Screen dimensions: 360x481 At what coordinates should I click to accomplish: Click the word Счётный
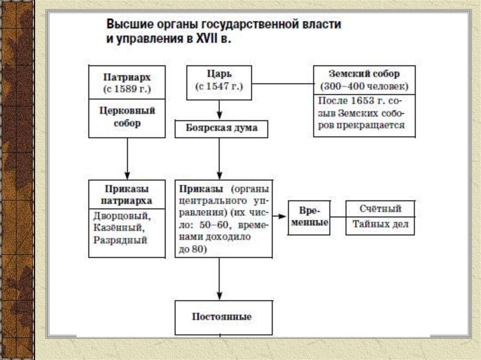[x=380, y=208]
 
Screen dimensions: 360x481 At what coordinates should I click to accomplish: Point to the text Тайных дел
[x=380, y=224]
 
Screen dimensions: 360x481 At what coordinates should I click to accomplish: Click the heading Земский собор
[x=364, y=74]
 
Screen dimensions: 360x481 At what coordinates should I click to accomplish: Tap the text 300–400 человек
[x=364, y=87]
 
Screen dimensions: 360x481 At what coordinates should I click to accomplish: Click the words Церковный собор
[x=127, y=117]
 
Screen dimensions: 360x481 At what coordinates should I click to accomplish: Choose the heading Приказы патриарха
[x=127, y=195]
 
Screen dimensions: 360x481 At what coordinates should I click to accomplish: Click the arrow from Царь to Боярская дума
[x=219, y=111]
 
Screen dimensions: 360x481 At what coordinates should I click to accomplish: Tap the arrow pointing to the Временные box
[x=280, y=216]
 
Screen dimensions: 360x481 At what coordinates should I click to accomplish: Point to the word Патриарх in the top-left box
[x=127, y=77]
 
